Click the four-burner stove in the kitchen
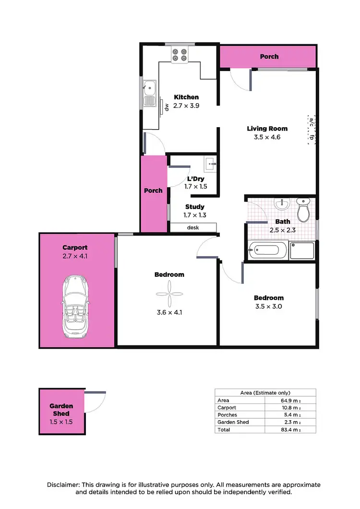180,55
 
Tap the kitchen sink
150,88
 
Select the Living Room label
267,129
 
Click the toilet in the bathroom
303,211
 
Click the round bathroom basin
281,205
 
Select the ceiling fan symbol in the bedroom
169,293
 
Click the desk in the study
192,228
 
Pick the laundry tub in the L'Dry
210,165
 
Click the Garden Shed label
61,410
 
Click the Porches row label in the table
227,415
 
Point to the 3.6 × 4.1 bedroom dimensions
169,312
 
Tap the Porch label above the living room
269,57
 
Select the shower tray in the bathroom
302,250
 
